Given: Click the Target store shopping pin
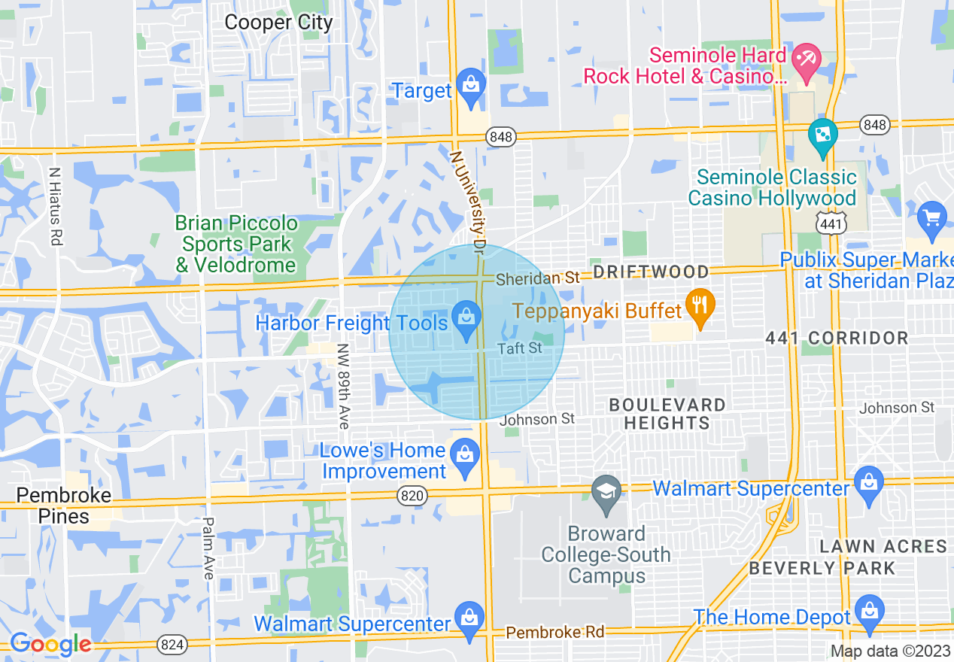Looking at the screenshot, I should (x=471, y=84).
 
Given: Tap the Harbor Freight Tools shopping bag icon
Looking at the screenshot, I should (x=466, y=318).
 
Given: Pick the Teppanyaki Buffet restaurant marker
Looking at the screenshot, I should (x=700, y=306).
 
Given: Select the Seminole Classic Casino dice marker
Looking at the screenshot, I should (x=822, y=136).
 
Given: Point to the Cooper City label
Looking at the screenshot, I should (x=278, y=23).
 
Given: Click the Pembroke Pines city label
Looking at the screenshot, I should (x=64, y=506).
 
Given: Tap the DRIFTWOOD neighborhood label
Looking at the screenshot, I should (x=651, y=272).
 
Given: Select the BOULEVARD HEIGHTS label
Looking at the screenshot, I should (x=667, y=414).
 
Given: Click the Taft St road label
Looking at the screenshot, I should (x=519, y=348).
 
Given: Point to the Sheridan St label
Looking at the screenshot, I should (x=537, y=278).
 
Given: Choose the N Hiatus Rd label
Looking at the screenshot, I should (x=54, y=206).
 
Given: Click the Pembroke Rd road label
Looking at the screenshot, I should (x=555, y=632).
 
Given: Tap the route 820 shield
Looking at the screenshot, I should (x=413, y=496).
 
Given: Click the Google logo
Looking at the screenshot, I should (x=50, y=644).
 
